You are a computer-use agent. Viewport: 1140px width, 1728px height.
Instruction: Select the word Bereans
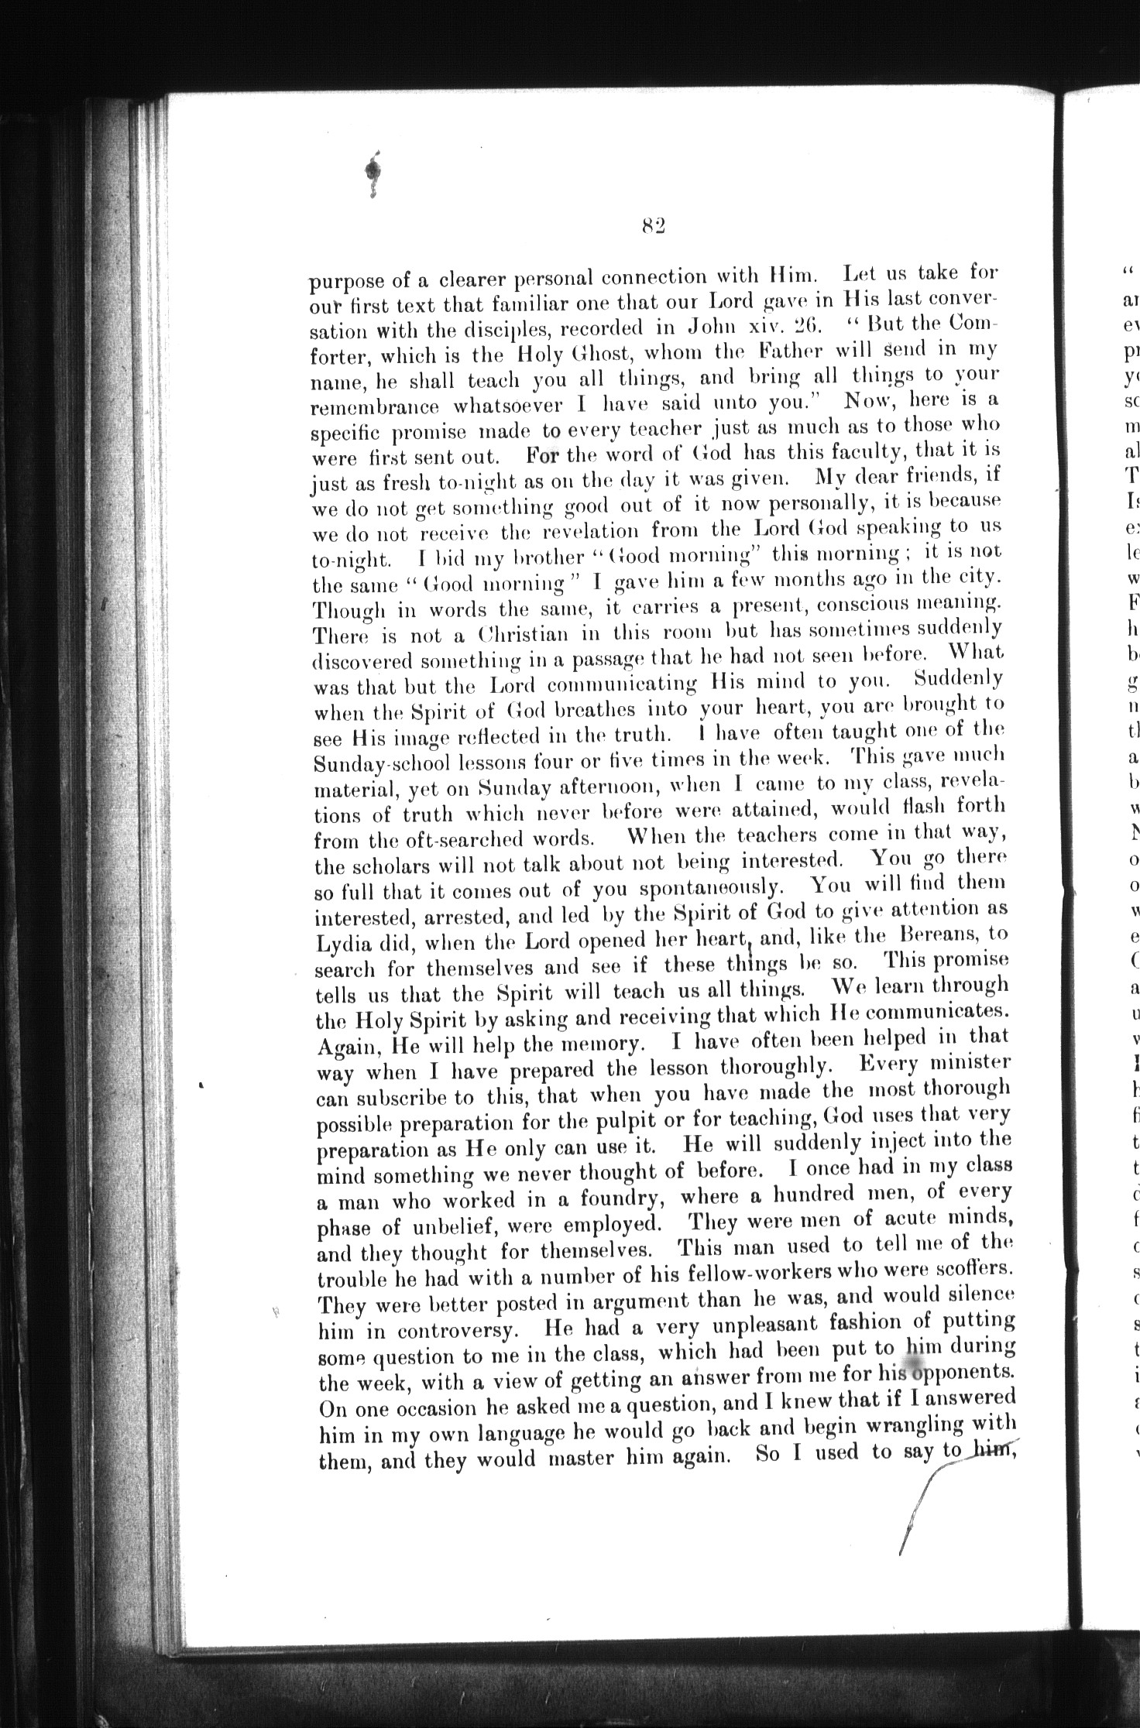click(x=936, y=935)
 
